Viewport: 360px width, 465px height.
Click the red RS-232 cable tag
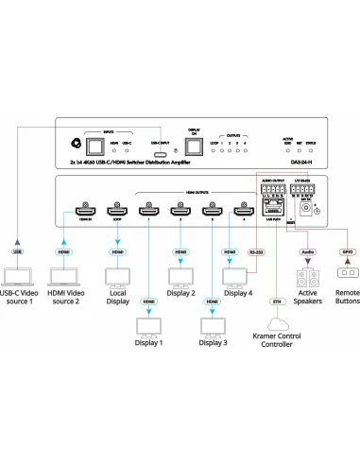[x=255, y=252]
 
